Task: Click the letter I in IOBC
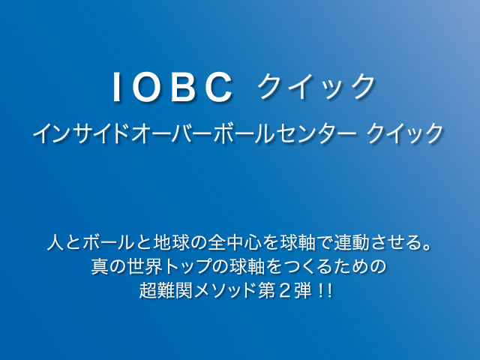click(116, 87)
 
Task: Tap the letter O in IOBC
click(147, 87)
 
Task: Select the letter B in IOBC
click(183, 87)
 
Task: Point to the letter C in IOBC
click(219, 87)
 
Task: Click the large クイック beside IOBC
click(316, 87)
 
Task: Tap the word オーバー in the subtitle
click(172, 133)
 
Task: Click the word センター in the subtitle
click(317, 133)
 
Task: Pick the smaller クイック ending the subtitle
click(405, 133)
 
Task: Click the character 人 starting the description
click(56, 242)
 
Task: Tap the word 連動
click(351, 242)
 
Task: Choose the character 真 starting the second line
click(100, 266)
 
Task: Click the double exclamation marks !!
click(325, 290)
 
